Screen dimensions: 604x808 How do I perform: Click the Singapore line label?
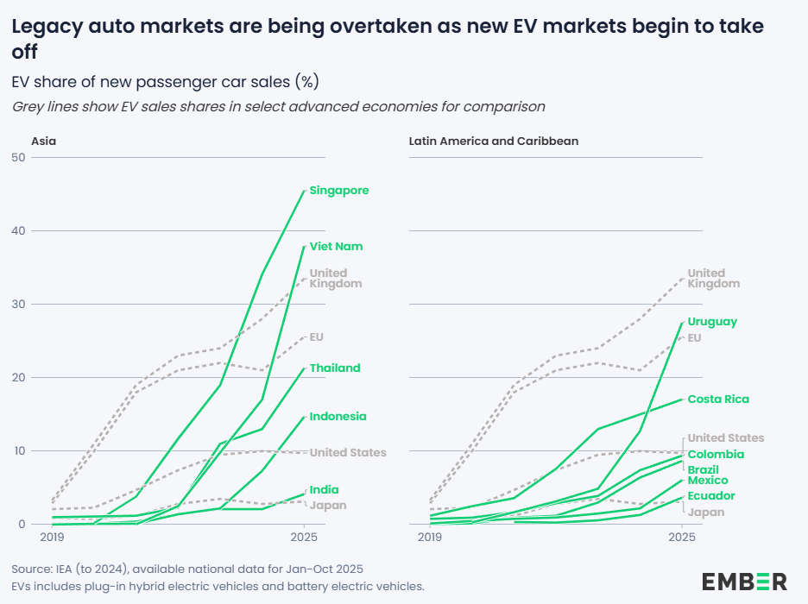[339, 191]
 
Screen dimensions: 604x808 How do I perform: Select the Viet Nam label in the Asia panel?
[336, 247]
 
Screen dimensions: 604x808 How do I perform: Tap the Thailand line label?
[335, 368]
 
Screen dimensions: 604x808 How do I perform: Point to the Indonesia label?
[338, 417]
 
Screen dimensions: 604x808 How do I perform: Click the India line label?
[324, 490]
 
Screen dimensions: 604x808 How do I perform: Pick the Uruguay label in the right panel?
[712, 322]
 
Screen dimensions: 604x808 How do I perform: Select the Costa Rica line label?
[718, 400]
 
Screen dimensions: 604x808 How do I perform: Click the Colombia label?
[716, 455]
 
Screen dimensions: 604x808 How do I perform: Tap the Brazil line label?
[703, 469]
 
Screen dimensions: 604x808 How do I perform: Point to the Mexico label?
[707, 481]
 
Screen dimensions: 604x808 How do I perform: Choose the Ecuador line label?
[710, 496]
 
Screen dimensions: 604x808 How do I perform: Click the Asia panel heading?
[43, 141]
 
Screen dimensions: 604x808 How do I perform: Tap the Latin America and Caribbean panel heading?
[493, 141]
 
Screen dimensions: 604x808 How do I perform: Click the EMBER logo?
[743, 581]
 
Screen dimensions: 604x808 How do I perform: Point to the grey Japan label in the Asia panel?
[328, 505]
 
